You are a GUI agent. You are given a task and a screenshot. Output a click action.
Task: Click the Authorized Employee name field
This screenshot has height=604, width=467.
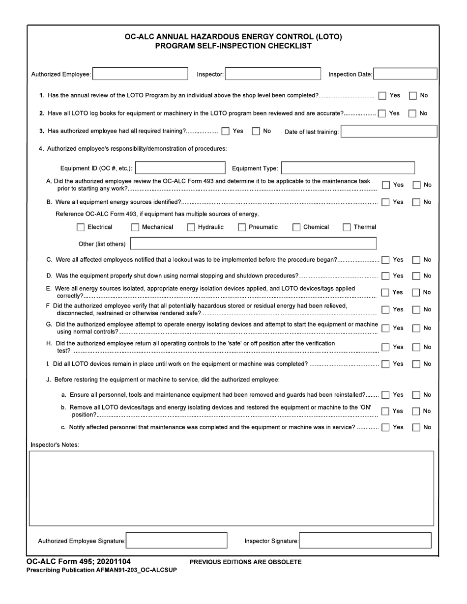click(140, 74)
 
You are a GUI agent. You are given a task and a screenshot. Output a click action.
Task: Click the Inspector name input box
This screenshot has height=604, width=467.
click(273, 74)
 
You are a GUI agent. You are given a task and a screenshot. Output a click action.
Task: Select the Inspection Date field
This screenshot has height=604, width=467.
click(405, 74)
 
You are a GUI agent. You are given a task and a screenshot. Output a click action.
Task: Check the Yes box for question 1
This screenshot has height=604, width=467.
click(382, 95)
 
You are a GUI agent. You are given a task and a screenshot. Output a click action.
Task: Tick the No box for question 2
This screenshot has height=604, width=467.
click(413, 113)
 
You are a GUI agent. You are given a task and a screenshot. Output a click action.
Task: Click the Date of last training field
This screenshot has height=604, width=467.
click(388, 132)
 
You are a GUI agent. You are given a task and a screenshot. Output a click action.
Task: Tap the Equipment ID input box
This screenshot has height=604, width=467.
click(179, 168)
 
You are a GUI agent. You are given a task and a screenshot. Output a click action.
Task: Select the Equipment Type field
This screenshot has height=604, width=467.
click(348, 168)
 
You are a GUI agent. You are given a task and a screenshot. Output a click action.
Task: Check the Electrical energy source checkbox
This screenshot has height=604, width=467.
click(81, 227)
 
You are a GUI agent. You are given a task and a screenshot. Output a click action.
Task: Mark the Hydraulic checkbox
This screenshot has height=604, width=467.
click(191, 227)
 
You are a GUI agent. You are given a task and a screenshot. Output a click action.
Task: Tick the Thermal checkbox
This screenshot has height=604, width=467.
click(347, 227)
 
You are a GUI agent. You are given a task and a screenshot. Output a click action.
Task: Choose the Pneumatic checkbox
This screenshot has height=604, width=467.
click(242, 227)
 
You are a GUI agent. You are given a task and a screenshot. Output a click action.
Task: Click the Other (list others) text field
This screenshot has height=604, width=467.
click(253, 244)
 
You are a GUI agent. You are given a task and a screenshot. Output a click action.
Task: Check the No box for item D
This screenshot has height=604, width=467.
click(415, 275)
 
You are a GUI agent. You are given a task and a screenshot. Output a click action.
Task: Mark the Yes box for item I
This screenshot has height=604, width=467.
click(385, 364)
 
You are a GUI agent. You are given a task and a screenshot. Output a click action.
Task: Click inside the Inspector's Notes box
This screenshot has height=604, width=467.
click(232, 488)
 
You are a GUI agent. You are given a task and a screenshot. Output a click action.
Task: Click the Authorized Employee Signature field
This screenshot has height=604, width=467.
click(176, 541)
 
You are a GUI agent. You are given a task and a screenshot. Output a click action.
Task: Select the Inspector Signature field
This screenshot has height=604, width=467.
click(365, 541)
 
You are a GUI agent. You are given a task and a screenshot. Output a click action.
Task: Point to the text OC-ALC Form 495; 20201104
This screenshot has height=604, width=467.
click(79, 562)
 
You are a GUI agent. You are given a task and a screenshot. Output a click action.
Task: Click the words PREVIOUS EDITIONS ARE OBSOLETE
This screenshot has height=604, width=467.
click(245, 562)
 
